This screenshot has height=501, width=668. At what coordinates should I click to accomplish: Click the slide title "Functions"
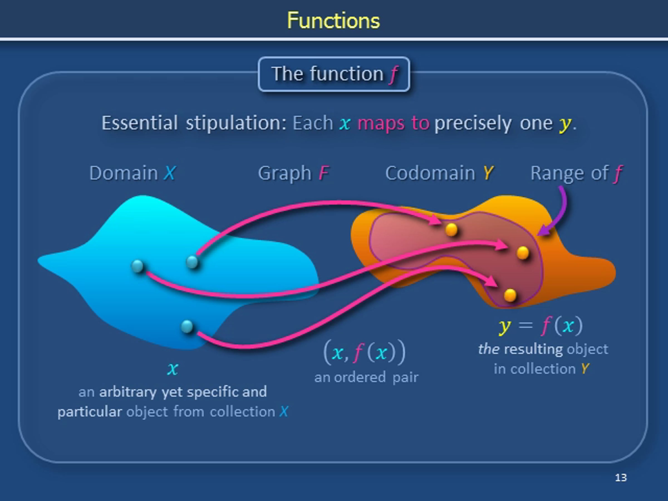click(x=333, y=21)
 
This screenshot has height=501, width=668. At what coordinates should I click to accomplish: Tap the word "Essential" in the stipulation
click(x=139, y=123)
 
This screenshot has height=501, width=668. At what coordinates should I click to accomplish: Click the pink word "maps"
click(x=381, y=124)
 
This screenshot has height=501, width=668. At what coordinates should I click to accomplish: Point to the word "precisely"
click(x=473, y=124)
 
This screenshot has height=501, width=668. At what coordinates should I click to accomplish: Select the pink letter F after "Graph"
click(x=323, y=173)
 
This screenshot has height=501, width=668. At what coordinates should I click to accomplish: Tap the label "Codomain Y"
click(x=439, y=173)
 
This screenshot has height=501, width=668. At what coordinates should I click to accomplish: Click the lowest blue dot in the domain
click(x=187, y=326)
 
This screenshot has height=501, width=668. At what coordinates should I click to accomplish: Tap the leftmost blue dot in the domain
click(x=138, y=266)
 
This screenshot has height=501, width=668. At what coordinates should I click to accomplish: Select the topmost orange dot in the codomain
click(x=451, y=230)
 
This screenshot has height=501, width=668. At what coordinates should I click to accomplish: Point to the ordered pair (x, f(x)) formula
click(x=365, y=352)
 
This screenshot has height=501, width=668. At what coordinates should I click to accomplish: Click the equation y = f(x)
click(x=541, y=326)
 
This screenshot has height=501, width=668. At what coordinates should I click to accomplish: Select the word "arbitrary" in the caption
click(x=128, y=392)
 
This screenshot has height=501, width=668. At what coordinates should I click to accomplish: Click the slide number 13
click(x=621, y=477)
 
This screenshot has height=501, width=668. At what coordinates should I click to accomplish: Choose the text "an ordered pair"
click(x=366, y=377)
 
